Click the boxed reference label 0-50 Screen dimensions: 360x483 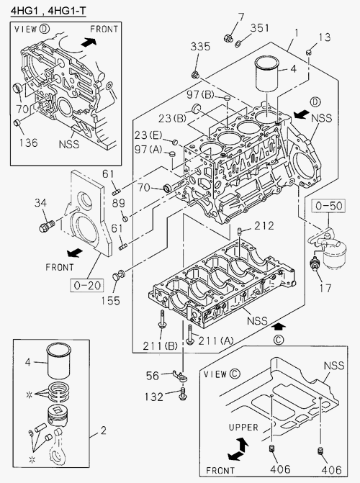[328, 206]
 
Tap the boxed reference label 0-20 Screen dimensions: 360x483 [88, 286]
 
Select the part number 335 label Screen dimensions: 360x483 [200, 47]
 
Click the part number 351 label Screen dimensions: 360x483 [259, 28]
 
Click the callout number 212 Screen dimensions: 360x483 [264, 226]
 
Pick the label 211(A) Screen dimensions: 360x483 [216, 340]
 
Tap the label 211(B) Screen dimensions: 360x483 [160, 346]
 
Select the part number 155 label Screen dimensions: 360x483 [111, 301]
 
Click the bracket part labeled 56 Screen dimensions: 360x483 [181, 376]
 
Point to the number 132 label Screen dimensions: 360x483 [154, 397]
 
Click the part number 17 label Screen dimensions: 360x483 [325, 289]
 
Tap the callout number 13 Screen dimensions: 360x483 [324, 37]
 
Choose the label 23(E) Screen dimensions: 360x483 [148, 135]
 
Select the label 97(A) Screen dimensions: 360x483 [148, 150]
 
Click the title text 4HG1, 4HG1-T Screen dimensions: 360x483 [48, 11]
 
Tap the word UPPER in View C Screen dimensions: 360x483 [243, 428]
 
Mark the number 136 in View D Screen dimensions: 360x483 [28, 143]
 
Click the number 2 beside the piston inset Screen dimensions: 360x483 [103, 430]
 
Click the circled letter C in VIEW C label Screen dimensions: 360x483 [234, 374]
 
